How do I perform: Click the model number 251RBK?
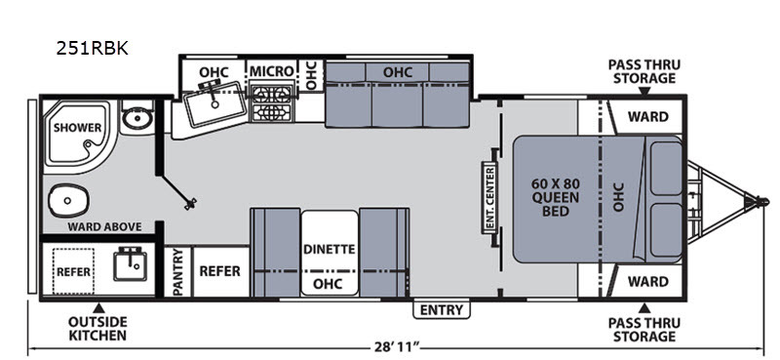[92, 49]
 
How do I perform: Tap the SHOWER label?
[78, 128]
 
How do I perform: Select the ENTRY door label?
[442, 309]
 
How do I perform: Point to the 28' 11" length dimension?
[397, 347]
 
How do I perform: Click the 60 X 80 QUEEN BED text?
[556, 197]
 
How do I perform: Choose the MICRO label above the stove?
[271, 71]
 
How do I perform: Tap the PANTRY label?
[179, 272]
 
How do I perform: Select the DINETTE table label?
[329, 250]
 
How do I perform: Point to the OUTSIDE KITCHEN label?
[97, 328]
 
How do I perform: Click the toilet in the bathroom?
[68, 200]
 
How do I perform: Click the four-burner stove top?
[271, 103]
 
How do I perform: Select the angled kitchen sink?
[215, 104]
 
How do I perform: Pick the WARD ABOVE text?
[104, 227]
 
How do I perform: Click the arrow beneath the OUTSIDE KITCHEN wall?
[99, 307]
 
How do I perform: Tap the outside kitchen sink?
[130, 264]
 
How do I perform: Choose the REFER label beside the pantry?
[220, 271]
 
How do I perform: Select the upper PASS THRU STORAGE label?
[644, 71]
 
